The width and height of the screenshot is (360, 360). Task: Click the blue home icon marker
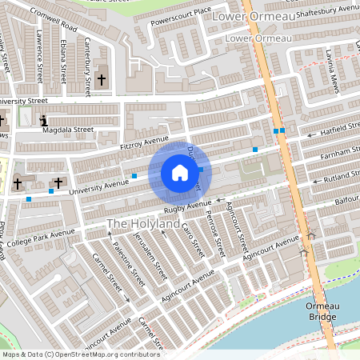pyautogui.click(x=180, y=172)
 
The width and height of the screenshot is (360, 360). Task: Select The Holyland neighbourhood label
pyautogui.click(x=143, y=225)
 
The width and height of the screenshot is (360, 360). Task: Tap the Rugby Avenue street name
pyautogui.click(x=185, y=207)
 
